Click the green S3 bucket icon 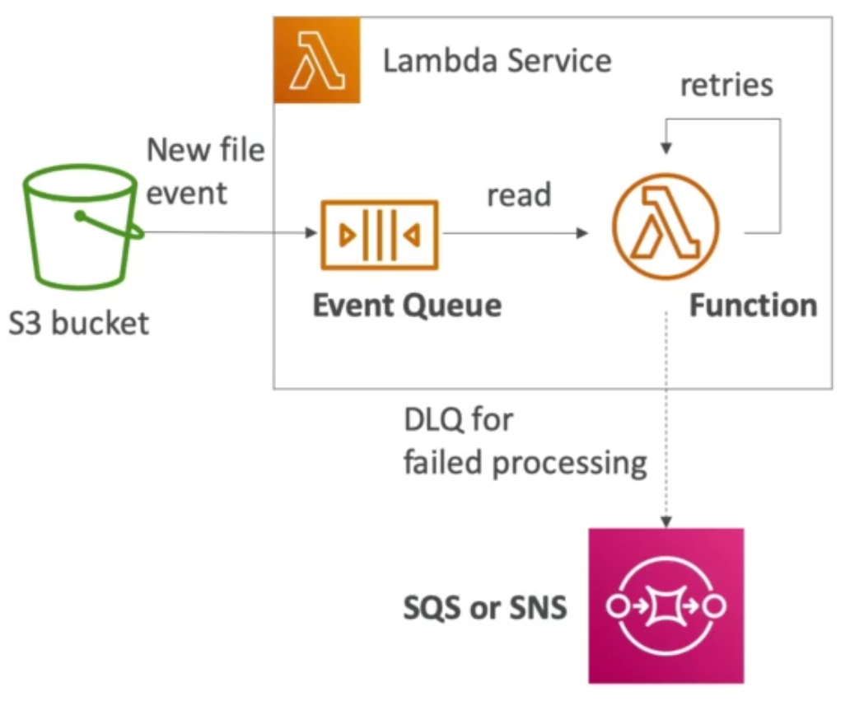coord(78,224)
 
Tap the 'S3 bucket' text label coord(79,322)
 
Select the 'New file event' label coord(205,171)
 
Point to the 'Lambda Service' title coord(497,61)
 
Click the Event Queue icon coord(379,234)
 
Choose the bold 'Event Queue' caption coord(407,306)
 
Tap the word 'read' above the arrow coord(519,195)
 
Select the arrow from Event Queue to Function coord(515,233)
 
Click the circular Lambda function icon coord(666,224)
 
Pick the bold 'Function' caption coord(753,306)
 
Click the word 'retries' coord(726,85)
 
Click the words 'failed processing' coord(525,463)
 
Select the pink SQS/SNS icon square coord(666,605)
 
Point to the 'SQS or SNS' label coord(485,607)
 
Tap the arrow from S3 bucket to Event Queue coord(231,233)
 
